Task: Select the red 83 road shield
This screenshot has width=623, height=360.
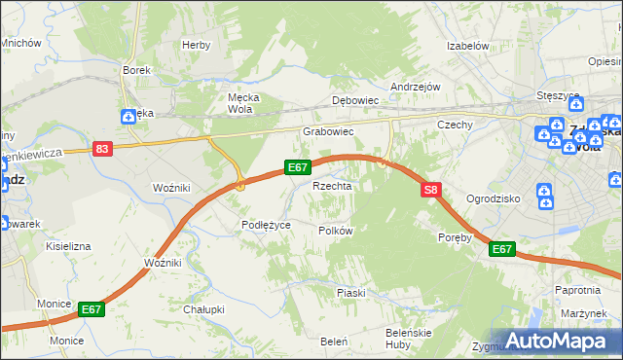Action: [x=103, y=149]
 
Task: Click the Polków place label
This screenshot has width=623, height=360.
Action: [x=335, y=231]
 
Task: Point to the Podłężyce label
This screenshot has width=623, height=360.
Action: [x=266, y=225]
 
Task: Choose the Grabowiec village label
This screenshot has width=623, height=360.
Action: [x=327, y=130]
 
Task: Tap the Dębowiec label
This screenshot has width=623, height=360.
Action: [x=354, y=100]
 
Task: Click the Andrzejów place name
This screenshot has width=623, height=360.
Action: [x=416, y=87]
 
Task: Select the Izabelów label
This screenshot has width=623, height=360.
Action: [x=466, y=46]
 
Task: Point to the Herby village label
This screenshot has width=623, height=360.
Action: [x=196, y=45]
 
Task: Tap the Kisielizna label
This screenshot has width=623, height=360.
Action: [x=68, y=246]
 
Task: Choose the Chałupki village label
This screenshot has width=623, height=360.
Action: [x=204, y=309]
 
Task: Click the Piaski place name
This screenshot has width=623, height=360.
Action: [x=350, y=293]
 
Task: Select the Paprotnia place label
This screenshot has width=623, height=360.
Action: [x=576, y=290]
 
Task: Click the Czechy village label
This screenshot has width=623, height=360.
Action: [x=455, y=125]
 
